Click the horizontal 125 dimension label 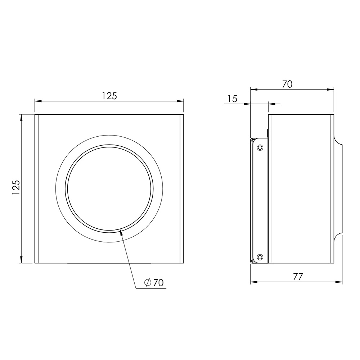[x=109, y=96]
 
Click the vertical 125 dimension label [x=16, y=188]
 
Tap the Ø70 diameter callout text [x=154, y=283]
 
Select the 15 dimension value [x=233, y=99]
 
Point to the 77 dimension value [x=298, y=277]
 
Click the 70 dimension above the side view [x=287, y=84]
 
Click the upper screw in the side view [x=260, y=147]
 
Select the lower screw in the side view [x=260, y=257]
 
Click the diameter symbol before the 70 [x=148, y=283]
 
